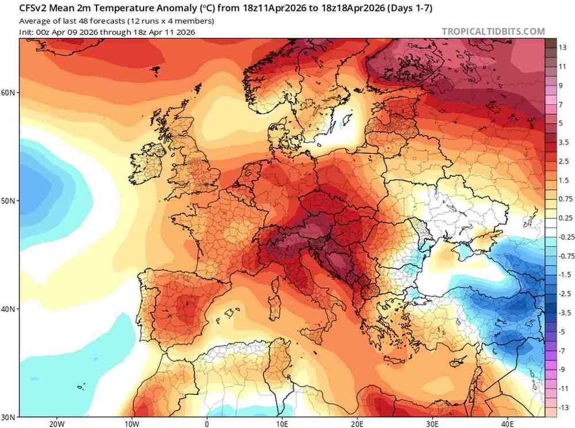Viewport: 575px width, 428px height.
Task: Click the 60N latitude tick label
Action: click(x=9, y=92)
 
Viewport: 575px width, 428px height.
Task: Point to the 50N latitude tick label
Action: click(x=9, y=200)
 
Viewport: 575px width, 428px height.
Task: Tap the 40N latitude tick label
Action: click(x=9, y=309)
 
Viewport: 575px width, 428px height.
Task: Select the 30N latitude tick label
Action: click(x=9, y=417)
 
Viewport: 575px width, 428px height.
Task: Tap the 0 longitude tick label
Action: click(x=206, y=423)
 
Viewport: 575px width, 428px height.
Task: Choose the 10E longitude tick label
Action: click(x=282, y=423)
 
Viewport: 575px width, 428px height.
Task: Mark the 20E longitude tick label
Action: click(x=357, y=423)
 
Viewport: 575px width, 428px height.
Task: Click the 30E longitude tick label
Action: click(x=432, y=423)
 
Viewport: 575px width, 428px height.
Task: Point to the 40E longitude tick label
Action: click(x=508, y=423)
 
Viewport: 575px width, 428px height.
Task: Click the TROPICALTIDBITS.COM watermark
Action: click(x=493, y=32)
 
